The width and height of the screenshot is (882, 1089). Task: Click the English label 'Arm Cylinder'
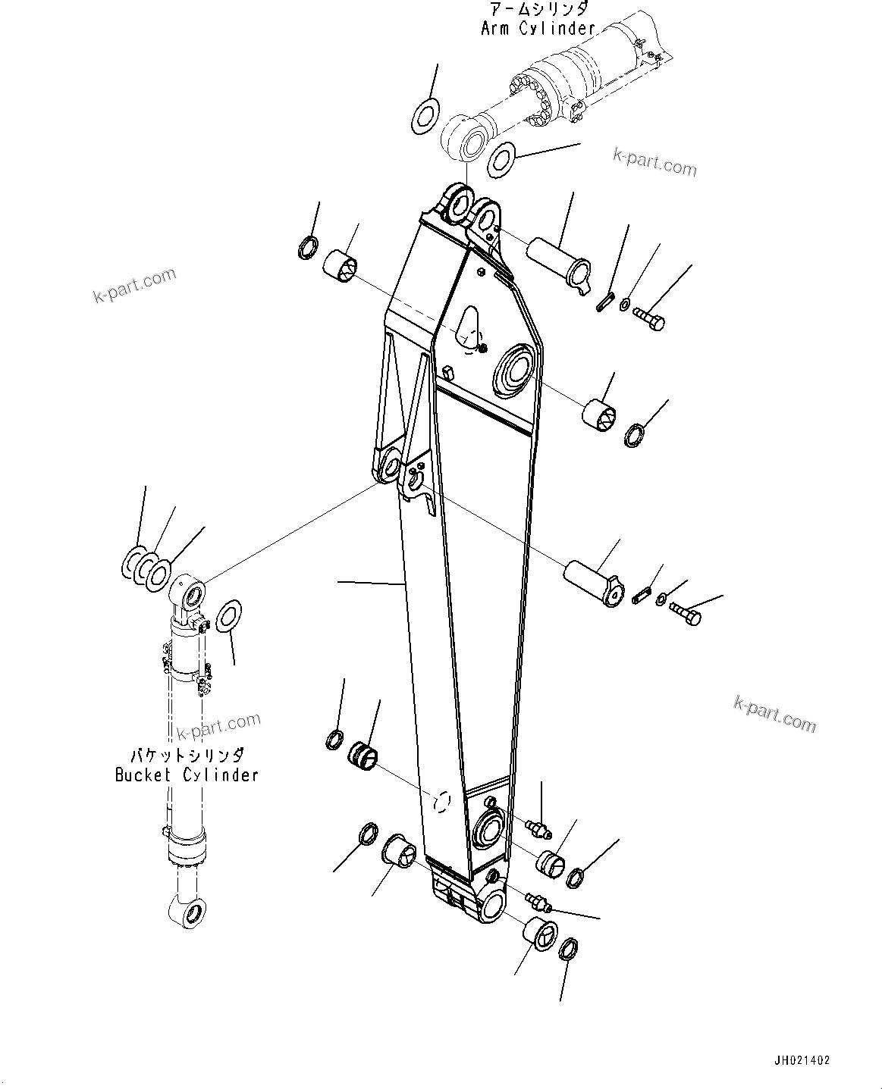point(538,29)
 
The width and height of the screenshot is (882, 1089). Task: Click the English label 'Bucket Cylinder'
point(187,775)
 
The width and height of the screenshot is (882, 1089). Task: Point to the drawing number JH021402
point(802,1061)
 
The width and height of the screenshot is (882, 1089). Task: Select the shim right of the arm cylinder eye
point(501,158)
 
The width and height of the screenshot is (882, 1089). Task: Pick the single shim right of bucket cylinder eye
point(228,616)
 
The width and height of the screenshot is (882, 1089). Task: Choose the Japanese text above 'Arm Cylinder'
point(538,9)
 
